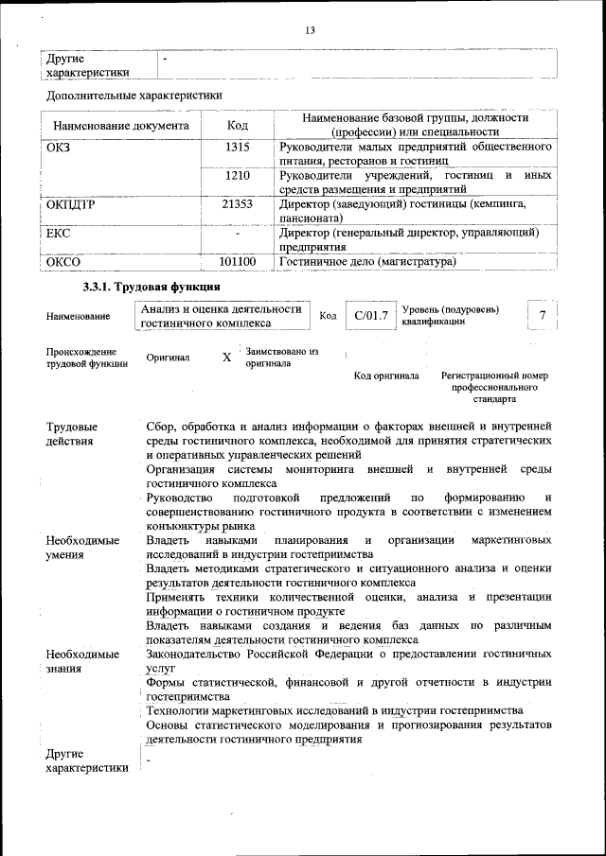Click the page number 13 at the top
coord(310,31)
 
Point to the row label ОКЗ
coord(59,148)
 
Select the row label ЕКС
coord(59,233)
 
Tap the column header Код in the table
coord(238,126)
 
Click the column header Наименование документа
coord(121,126)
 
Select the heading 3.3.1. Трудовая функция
coord(151,286)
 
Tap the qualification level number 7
coord(542,315)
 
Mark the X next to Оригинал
coord(226,358)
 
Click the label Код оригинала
coord(386,376)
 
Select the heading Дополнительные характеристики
coord(134,96)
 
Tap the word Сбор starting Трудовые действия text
coord(162,427)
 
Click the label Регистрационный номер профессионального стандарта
coord(494,387)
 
